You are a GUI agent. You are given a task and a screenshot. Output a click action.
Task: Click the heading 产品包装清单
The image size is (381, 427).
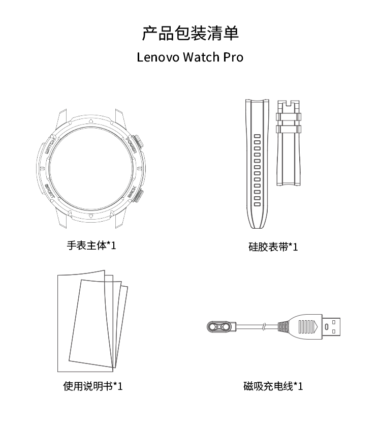pyautogui.click(x=190, y=33)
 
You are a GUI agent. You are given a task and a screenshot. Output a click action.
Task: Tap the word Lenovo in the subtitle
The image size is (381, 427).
pyautogui.click(x=158, y=57)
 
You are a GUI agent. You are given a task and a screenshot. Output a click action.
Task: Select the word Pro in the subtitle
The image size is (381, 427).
pyautogui.click(x=233, y=57)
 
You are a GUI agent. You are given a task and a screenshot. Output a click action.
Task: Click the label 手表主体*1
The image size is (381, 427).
pyautogui.click(x=91, y=246)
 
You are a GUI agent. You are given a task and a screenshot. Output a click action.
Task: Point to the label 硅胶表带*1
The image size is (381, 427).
pyautogui.click(x=273, y=247)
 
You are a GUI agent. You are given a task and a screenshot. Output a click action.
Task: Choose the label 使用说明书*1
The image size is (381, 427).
pyautogui.click(x=93, y=386)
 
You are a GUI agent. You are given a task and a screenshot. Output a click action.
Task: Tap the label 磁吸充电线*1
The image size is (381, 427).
pyautogui.click(x=273, y=386)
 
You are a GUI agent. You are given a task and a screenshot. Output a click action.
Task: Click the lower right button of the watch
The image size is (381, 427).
pyautogui.click(x=139, y=196)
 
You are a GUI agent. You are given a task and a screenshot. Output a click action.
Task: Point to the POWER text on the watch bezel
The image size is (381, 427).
pyautogui.click(x=131, y=144)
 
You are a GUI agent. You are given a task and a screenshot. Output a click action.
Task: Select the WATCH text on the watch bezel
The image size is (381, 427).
pyautogui.click(x=51, y=146)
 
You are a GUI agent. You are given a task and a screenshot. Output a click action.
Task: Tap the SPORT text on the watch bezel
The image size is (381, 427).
pyautogui.click(x=50, y=190)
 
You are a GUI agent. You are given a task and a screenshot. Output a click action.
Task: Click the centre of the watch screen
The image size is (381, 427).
pyautogui.click(x=91, y=168)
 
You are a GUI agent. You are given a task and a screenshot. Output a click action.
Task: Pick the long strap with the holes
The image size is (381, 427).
pyautogui.click(x=257, y=164)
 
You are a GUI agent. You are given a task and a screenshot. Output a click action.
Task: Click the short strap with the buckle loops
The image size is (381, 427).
pyautogui.click(x=289, y=143)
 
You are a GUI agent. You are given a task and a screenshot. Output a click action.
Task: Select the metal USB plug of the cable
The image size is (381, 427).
pyautogui.click(x=331, y=326)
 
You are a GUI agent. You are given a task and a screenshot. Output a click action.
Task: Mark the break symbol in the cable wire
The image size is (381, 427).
pyautogui.click(x=264, y=326)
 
